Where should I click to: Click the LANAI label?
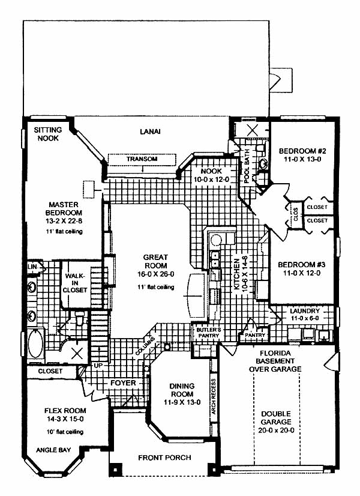pos(150,132)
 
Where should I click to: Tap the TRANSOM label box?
pos(142,159)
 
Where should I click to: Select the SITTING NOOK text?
pos(48,134)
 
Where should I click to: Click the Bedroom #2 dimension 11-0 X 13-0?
pos(302,159)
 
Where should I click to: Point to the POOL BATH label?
pos(247,166)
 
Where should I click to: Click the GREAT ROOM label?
pos(155,262)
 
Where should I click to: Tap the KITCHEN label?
pos(236,274)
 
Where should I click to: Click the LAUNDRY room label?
pos(305,311)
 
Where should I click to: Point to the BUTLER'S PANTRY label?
pos(209,333)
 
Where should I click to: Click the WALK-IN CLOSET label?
pos(74,283)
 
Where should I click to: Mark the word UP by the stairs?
pos(98,365)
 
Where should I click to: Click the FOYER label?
pos(123,383)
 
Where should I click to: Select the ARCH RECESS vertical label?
pos(214,397)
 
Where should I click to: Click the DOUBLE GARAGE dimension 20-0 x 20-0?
pos(276,430)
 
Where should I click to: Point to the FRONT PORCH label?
pos(164,458)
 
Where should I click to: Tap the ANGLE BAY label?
pos(53,450)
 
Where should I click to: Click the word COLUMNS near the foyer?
pos(146,346)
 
